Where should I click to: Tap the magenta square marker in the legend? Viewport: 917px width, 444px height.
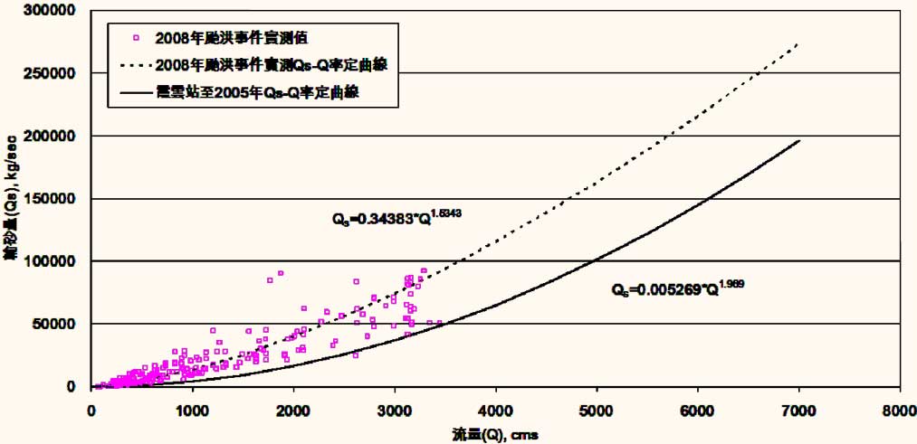coord(134,37)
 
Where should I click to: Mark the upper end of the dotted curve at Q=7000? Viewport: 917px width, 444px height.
coord(798,43)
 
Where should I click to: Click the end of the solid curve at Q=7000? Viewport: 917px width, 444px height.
coord(798,140)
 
